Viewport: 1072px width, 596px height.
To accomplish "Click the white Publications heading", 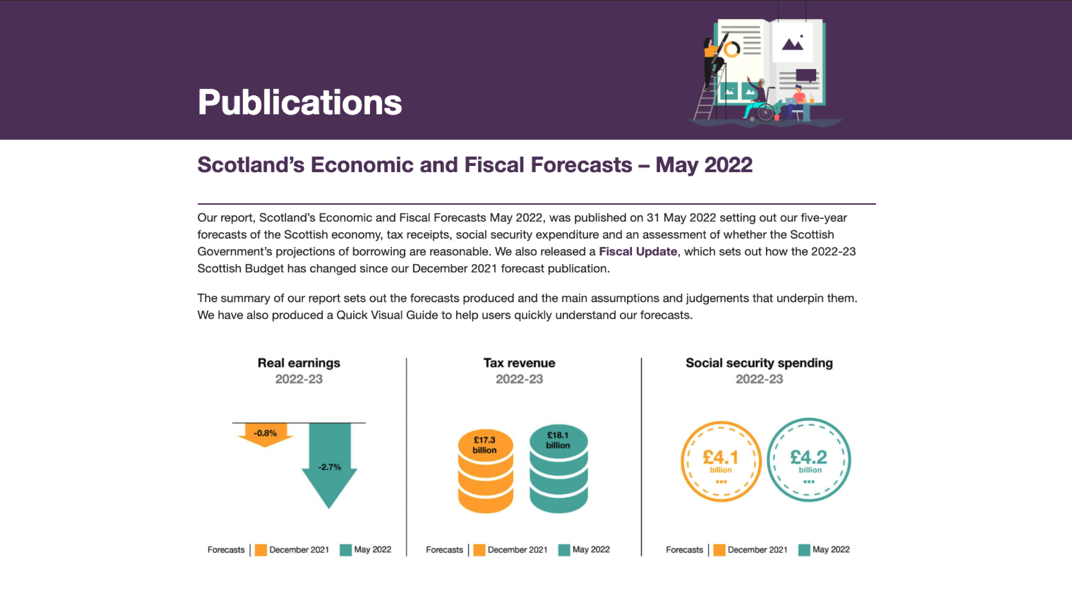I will [300, 102].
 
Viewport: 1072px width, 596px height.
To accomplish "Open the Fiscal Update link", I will [638, 251].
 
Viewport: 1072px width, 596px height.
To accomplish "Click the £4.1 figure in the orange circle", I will [720, 457].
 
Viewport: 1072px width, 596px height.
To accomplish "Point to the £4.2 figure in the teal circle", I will [809, 457].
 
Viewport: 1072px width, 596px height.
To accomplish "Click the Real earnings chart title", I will [299, 363].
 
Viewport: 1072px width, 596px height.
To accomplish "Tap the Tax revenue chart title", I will [519, 363].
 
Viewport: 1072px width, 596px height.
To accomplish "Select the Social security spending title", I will [759, 363].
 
